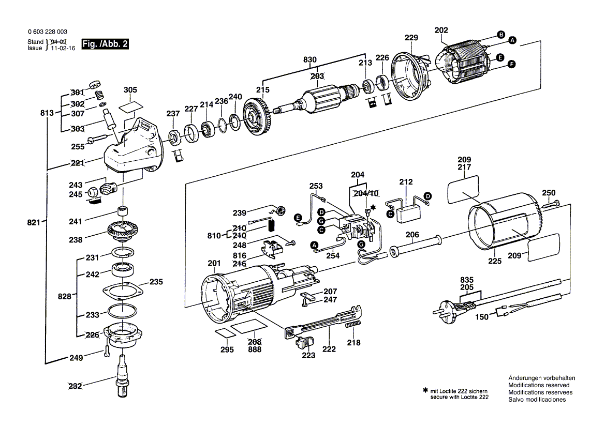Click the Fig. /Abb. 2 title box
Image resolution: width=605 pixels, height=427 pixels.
click(105, 44)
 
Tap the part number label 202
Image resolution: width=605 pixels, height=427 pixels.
click(441, 30)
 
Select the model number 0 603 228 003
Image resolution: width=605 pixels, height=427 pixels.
click(48, 32)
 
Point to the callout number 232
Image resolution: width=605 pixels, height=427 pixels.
click(75, 386)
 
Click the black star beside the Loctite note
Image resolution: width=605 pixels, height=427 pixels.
click(425, 391)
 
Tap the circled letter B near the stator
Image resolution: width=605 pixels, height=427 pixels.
click(501, 34)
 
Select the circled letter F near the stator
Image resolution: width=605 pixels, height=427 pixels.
click(512, 64)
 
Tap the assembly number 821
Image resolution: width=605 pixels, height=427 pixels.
click(34, 222)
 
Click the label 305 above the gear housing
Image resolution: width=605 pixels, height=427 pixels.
click(130, 90)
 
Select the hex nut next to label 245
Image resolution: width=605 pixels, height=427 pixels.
click(93, 191)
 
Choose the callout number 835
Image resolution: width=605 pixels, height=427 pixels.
click(466, 280)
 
